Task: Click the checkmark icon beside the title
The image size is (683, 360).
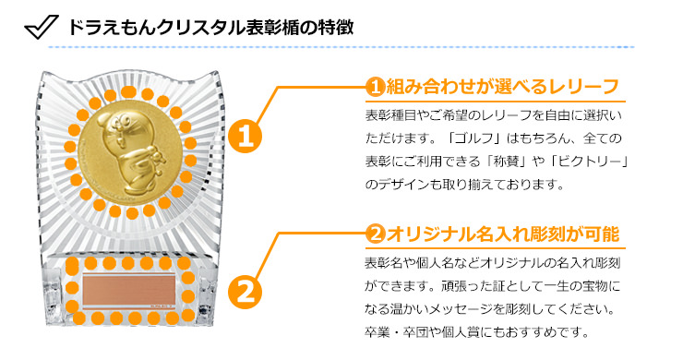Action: click(42, 28)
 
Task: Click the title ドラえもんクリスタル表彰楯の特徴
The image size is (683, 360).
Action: click(210, 28)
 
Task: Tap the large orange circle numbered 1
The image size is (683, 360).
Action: click(245, 137)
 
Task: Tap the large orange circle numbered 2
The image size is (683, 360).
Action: click(245, 291)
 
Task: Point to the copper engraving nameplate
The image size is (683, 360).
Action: click(129, 290)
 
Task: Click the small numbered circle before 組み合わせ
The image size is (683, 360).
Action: click(375, 87)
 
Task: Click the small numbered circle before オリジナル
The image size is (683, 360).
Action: click(375, 234)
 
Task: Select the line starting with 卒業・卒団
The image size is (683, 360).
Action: click(476, 332)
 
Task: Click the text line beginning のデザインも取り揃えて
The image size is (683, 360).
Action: click(465, 185)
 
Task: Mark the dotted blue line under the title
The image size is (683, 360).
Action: click(341, 47)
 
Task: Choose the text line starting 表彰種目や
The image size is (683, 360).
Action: click(494, 115)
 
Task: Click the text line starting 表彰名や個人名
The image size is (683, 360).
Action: click(492, 263)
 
